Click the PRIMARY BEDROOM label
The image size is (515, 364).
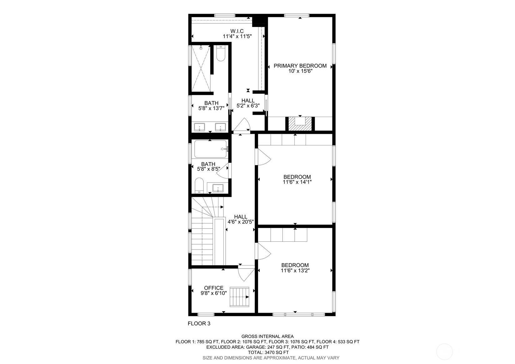tap(300, 66)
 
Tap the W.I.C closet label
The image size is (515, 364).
tap(237, 31)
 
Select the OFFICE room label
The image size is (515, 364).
tap(213, 288)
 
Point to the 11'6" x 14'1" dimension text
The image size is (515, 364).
tap(297, 182)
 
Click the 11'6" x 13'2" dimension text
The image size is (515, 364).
tap(295, 270)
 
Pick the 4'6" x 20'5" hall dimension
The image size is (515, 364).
tap(241, 222)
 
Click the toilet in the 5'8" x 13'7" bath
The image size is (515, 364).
tap(221, 53)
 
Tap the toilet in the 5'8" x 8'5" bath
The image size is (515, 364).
tap(199, 185)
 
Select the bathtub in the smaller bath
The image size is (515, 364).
tap(210, 149)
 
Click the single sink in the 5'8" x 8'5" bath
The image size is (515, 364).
tap(218, 188)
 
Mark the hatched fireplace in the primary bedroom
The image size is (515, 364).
tap(300, 124)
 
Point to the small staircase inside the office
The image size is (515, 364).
tap(239, 297)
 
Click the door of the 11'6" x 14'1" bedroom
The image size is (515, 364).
tap(263, 157)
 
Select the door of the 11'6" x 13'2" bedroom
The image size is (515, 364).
tap(263, 251)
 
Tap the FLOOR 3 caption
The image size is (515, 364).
tap(199, 324)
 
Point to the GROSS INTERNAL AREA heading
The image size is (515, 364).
tap(267, 336)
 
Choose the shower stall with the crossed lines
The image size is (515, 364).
tap(201, 68)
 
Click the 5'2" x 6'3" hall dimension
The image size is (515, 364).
tap(248, 106)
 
